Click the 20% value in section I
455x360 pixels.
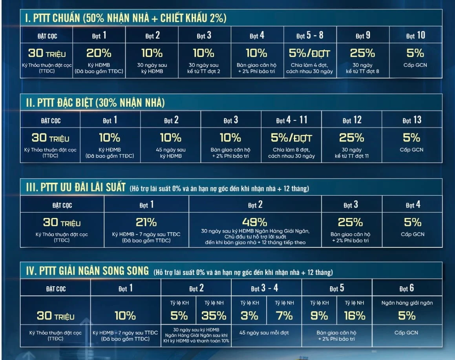99,53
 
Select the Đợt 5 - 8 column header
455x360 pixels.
310,36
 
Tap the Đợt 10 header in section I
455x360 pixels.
415,36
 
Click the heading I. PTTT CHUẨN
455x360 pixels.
124,18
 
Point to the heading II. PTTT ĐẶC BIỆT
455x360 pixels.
93,103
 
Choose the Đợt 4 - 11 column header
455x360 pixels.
291,120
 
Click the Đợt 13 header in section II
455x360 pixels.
412,120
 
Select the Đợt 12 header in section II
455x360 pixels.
351,120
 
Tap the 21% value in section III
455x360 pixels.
146,223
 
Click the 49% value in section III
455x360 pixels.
255,222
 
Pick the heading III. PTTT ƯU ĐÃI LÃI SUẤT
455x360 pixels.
73,188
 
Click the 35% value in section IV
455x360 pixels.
214,316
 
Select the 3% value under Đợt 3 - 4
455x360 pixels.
249,316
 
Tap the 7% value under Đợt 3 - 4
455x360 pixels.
284,316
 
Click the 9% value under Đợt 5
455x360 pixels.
319,316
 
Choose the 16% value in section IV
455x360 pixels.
354,316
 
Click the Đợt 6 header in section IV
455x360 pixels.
406,289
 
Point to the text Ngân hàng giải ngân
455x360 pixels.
407,303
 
